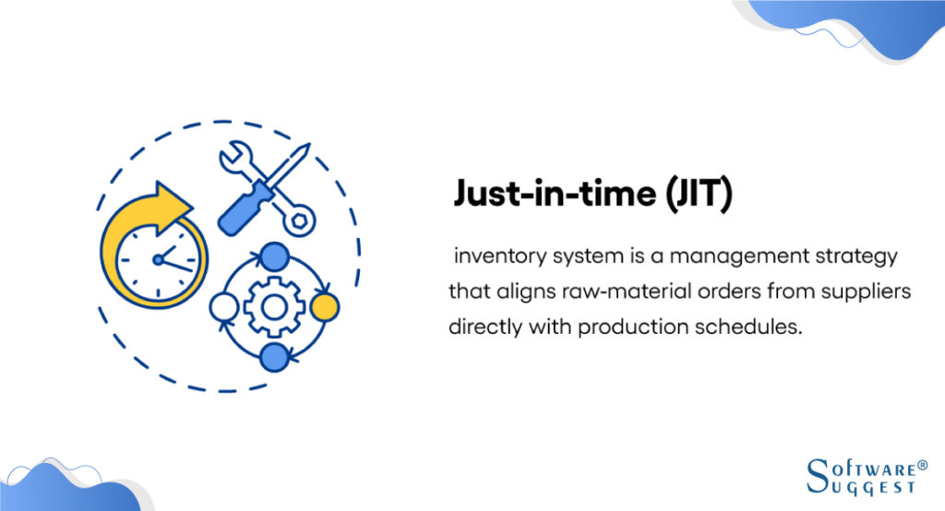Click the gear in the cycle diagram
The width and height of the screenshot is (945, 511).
pos(274,305)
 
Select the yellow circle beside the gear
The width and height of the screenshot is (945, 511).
pos(324,305)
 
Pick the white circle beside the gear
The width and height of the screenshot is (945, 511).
pos(224,305)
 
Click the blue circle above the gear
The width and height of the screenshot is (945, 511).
pos(274,255)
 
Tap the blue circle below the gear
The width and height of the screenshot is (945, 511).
pos(274,356)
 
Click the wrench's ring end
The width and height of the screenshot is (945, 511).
pos(301,219)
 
